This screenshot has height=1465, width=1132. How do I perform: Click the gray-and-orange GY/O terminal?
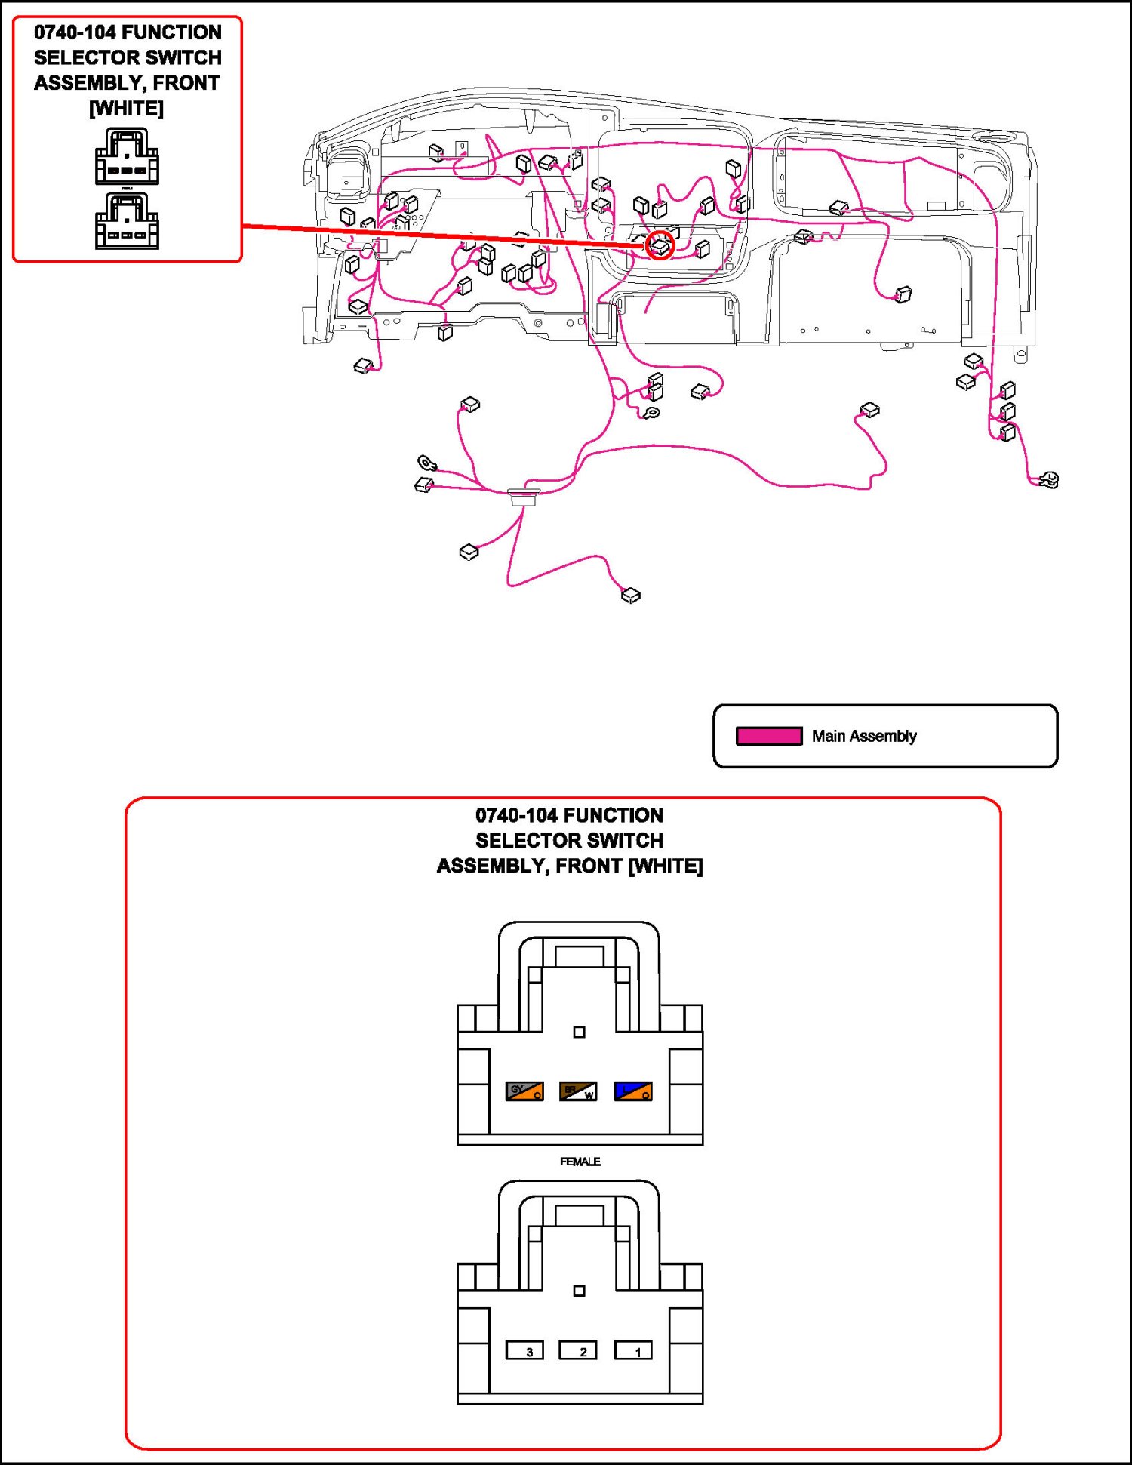click(524, 1091)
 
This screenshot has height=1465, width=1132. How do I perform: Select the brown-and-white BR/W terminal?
click(578, 1091)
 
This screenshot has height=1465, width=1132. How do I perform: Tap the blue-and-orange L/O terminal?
click(633, 1091)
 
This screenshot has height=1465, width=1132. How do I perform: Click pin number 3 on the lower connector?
click(524, 1350)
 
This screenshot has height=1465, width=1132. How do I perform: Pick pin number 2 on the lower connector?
click(578, 1350)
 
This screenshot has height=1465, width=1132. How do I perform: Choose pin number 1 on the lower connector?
click(633, 1350)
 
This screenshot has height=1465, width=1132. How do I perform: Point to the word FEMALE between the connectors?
click(580, 1162)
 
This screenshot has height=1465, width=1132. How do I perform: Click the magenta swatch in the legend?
click(769, 736)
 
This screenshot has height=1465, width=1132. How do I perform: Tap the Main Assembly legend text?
click(864, 736)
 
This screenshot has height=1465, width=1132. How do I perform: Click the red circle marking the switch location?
click(660, 245)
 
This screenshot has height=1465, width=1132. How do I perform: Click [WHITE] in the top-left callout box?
click(126, 109)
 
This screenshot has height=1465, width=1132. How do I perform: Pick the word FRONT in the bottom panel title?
click(589, 866)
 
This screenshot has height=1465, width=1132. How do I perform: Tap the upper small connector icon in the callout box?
click(127, 156)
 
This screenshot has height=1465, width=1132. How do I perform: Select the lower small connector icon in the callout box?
click(127, 220)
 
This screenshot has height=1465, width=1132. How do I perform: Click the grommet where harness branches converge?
click(523, 496)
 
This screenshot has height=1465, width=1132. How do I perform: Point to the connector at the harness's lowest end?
click(630, 596)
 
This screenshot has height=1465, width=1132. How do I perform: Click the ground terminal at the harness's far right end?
click(1049, 479)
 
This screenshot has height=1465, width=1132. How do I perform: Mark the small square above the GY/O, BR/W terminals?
click(579, 1032)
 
